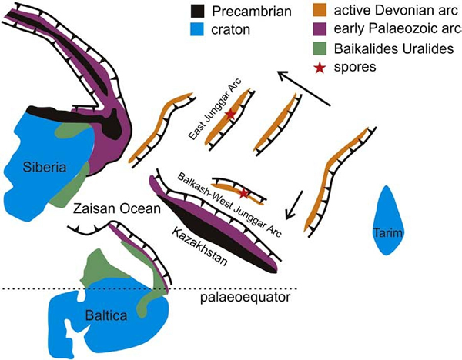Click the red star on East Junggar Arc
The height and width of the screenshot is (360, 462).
(x=230, y=115)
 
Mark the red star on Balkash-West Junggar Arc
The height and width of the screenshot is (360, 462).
(x=244, y=192)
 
